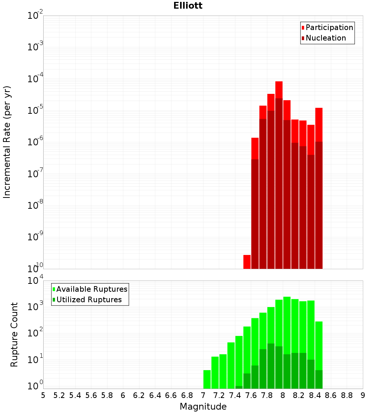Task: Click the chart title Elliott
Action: (x=188, y=6)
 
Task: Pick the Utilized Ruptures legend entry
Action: (x=89, y=300)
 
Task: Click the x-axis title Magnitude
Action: (x=203, y=407)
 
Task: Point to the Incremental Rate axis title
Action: (x=7, y=142)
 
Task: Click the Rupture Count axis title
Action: (x=14, y=334)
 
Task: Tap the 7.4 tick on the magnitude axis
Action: (x=235, y=396)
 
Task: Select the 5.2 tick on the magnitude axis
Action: (x=59, y=396)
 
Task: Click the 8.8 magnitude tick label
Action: (x=347, y=396)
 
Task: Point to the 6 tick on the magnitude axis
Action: (x=123, y=396)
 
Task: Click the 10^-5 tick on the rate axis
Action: (x=35, y=111)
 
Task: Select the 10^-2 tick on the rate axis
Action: (x=35, y=16)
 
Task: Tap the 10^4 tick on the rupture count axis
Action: (x=36, y=281)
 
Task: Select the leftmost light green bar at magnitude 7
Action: (x=207, y=379)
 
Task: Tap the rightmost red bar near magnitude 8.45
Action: (x=319, y=124)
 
